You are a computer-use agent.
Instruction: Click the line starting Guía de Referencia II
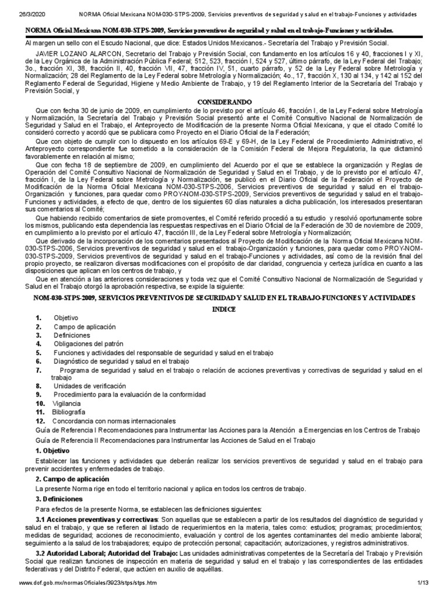click(x=175, y=440)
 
